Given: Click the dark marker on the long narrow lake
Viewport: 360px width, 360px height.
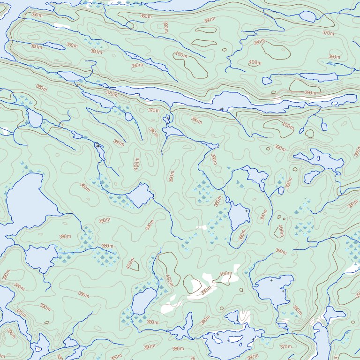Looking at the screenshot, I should [221, 109].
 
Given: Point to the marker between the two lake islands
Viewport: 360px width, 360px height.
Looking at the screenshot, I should [229, 340].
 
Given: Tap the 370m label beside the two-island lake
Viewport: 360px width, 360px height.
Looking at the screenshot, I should [285, 346].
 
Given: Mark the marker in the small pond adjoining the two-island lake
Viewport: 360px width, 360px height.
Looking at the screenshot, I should [237, 320].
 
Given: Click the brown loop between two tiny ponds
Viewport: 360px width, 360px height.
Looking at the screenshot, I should [309, 133].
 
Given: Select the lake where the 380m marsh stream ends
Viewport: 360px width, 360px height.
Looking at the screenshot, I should [40, 258].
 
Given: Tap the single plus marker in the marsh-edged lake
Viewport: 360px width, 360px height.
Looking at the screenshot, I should [247, 211].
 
